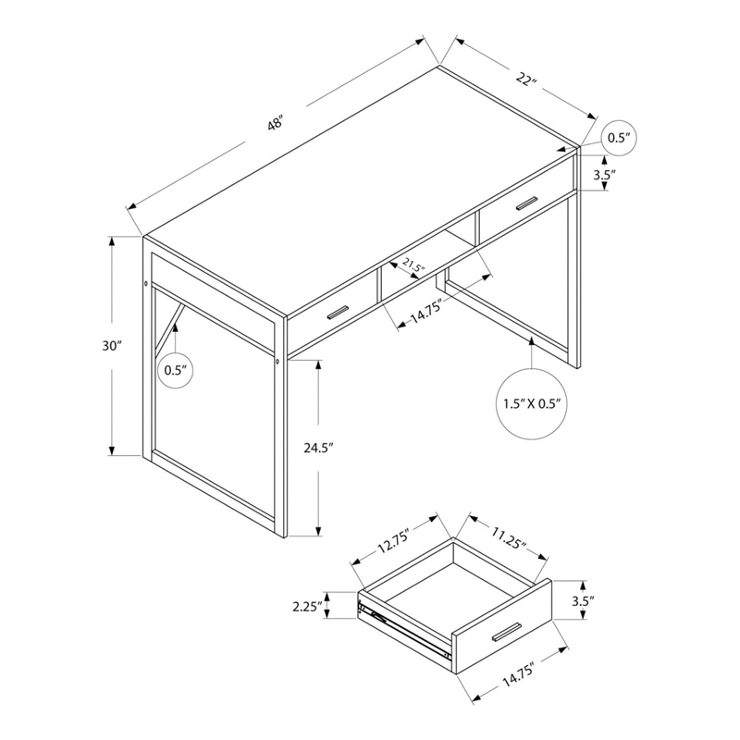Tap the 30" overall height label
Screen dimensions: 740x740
(x=113, y=346)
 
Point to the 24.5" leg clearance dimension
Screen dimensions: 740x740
(x=318, y=448)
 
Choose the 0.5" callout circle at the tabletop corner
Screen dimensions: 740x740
(x=618, y=138)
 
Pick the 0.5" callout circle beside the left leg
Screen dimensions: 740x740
(x=175, y=370)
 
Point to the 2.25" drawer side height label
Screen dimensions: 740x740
(x=306, y=607)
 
